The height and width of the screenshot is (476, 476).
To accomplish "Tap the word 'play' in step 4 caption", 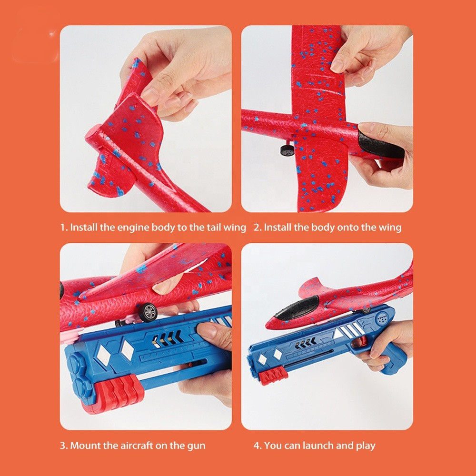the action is point(366,446).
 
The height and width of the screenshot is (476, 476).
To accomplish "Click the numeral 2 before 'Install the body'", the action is point(257,228).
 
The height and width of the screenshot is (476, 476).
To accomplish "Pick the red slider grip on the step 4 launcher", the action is point(271,376).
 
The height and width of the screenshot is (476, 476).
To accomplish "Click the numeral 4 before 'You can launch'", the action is point(257,446).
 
